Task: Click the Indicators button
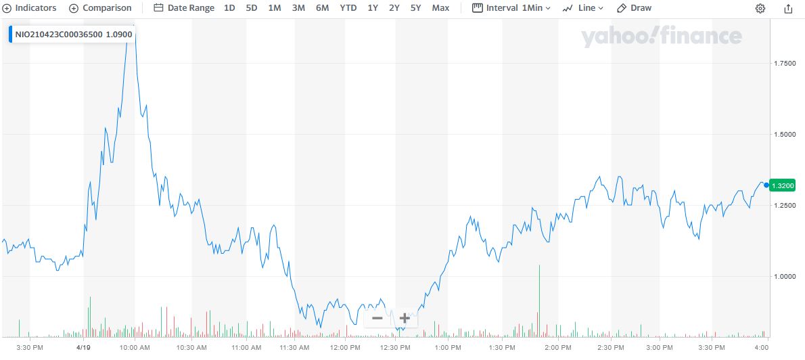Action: point(30,8)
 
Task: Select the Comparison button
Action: point(101,8)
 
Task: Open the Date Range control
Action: point(184,8)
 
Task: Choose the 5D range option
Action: point(252,8)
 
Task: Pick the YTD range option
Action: point(348,8)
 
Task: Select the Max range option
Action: point(440,8)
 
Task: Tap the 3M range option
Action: point(298,8)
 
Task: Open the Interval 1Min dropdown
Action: point(511,8)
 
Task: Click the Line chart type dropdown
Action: point(582,8)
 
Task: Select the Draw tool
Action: point(635,8)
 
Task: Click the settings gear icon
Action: point(760,9)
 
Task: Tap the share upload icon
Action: point(788,9)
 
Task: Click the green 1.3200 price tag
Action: point(785,185)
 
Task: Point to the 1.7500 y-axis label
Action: point(785,63)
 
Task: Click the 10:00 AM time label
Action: point(135,348)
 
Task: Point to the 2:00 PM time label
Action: point(558,348)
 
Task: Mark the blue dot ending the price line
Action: point(766,185)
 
